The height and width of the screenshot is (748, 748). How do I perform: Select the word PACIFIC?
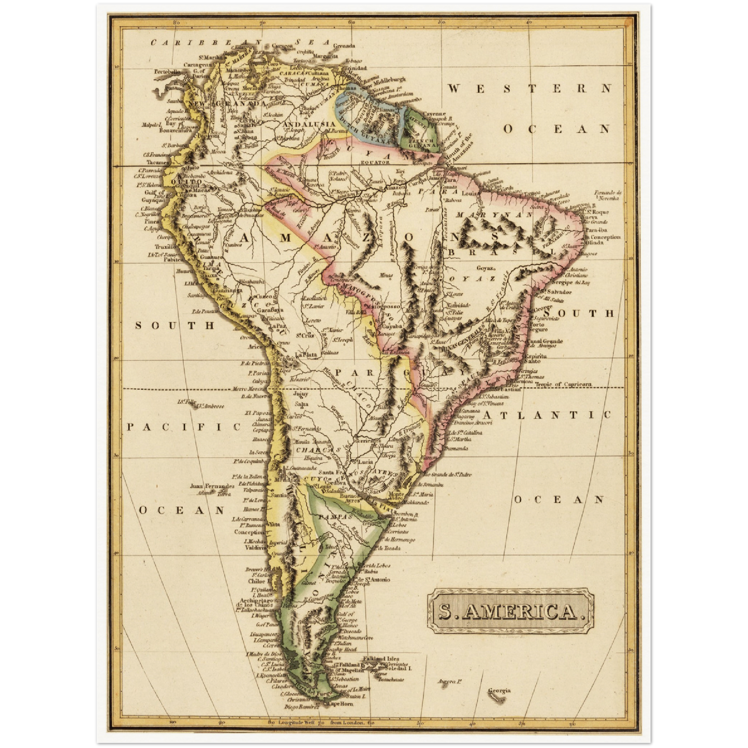pos(184,427)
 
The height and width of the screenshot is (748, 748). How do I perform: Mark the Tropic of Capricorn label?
pos(563,385)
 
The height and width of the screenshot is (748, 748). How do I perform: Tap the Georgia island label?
pos(499,691)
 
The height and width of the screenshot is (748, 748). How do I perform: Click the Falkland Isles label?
pos(381,658)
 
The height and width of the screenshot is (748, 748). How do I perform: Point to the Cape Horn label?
pos(341,703)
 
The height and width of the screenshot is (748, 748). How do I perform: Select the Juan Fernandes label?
pos(212,486)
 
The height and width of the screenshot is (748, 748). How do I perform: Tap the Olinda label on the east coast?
pos(595,242)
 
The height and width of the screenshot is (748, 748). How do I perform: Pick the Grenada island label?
pos(345,46)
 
